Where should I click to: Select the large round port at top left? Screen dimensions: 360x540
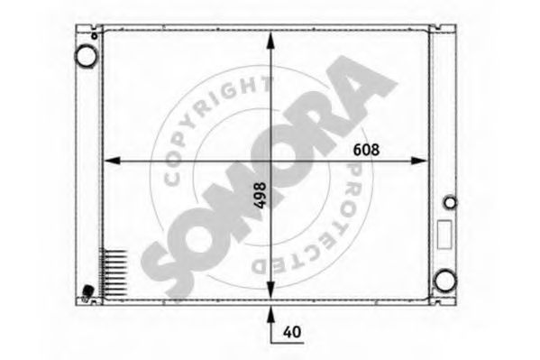pos(86,56)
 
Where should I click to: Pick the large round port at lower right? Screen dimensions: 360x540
pos(444,281)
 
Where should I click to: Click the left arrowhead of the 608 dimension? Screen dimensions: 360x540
pos(111,162)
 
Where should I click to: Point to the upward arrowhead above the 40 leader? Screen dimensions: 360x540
pos(270,313)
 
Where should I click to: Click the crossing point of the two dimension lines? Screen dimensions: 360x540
pos(270,162)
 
